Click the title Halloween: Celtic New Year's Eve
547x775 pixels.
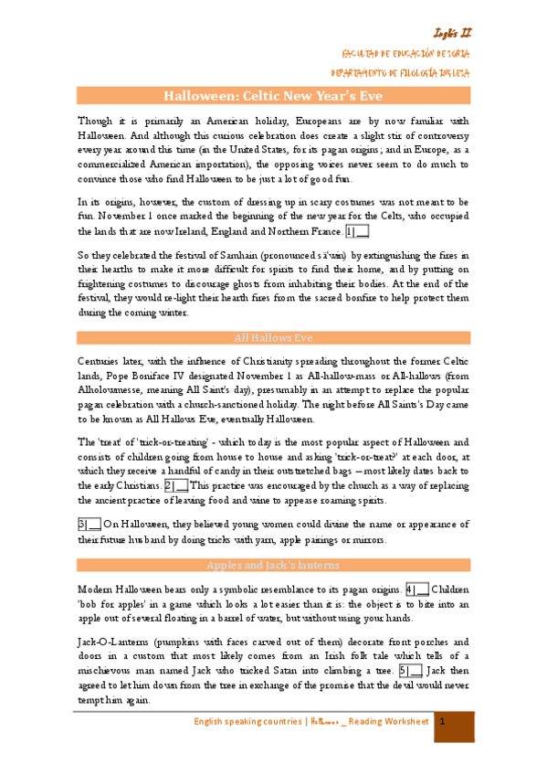pyautogui.click(x=273, y=95)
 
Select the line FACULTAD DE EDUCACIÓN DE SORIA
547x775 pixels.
pyautogui.click(x=405, y=54)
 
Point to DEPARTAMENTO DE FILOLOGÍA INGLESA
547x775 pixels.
pyautogui.click(x=401, y=72)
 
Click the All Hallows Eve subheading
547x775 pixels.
pyautogui.click(x=273, y=337)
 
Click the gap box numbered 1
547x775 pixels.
pyautogui.click(x=358, y=231)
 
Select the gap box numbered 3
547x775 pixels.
pyautogui.click(x=89, y=524)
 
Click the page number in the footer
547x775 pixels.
pyautogui.click(x=441, y=722)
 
